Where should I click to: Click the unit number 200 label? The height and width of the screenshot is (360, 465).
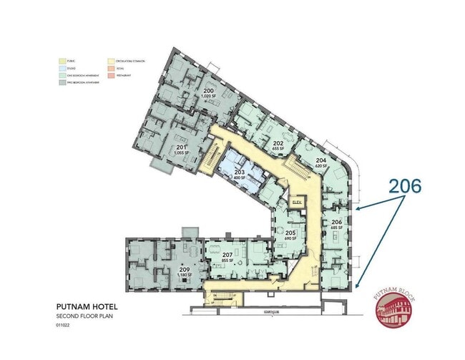(x=210, y=92)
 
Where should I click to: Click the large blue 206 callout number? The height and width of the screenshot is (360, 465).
(x=405, y=186)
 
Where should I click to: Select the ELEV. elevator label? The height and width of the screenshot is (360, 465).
(x=298, y=203)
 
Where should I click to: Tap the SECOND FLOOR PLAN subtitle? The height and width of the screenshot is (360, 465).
(x=83, y=316)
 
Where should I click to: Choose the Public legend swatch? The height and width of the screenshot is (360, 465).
(x=62, y=60)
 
